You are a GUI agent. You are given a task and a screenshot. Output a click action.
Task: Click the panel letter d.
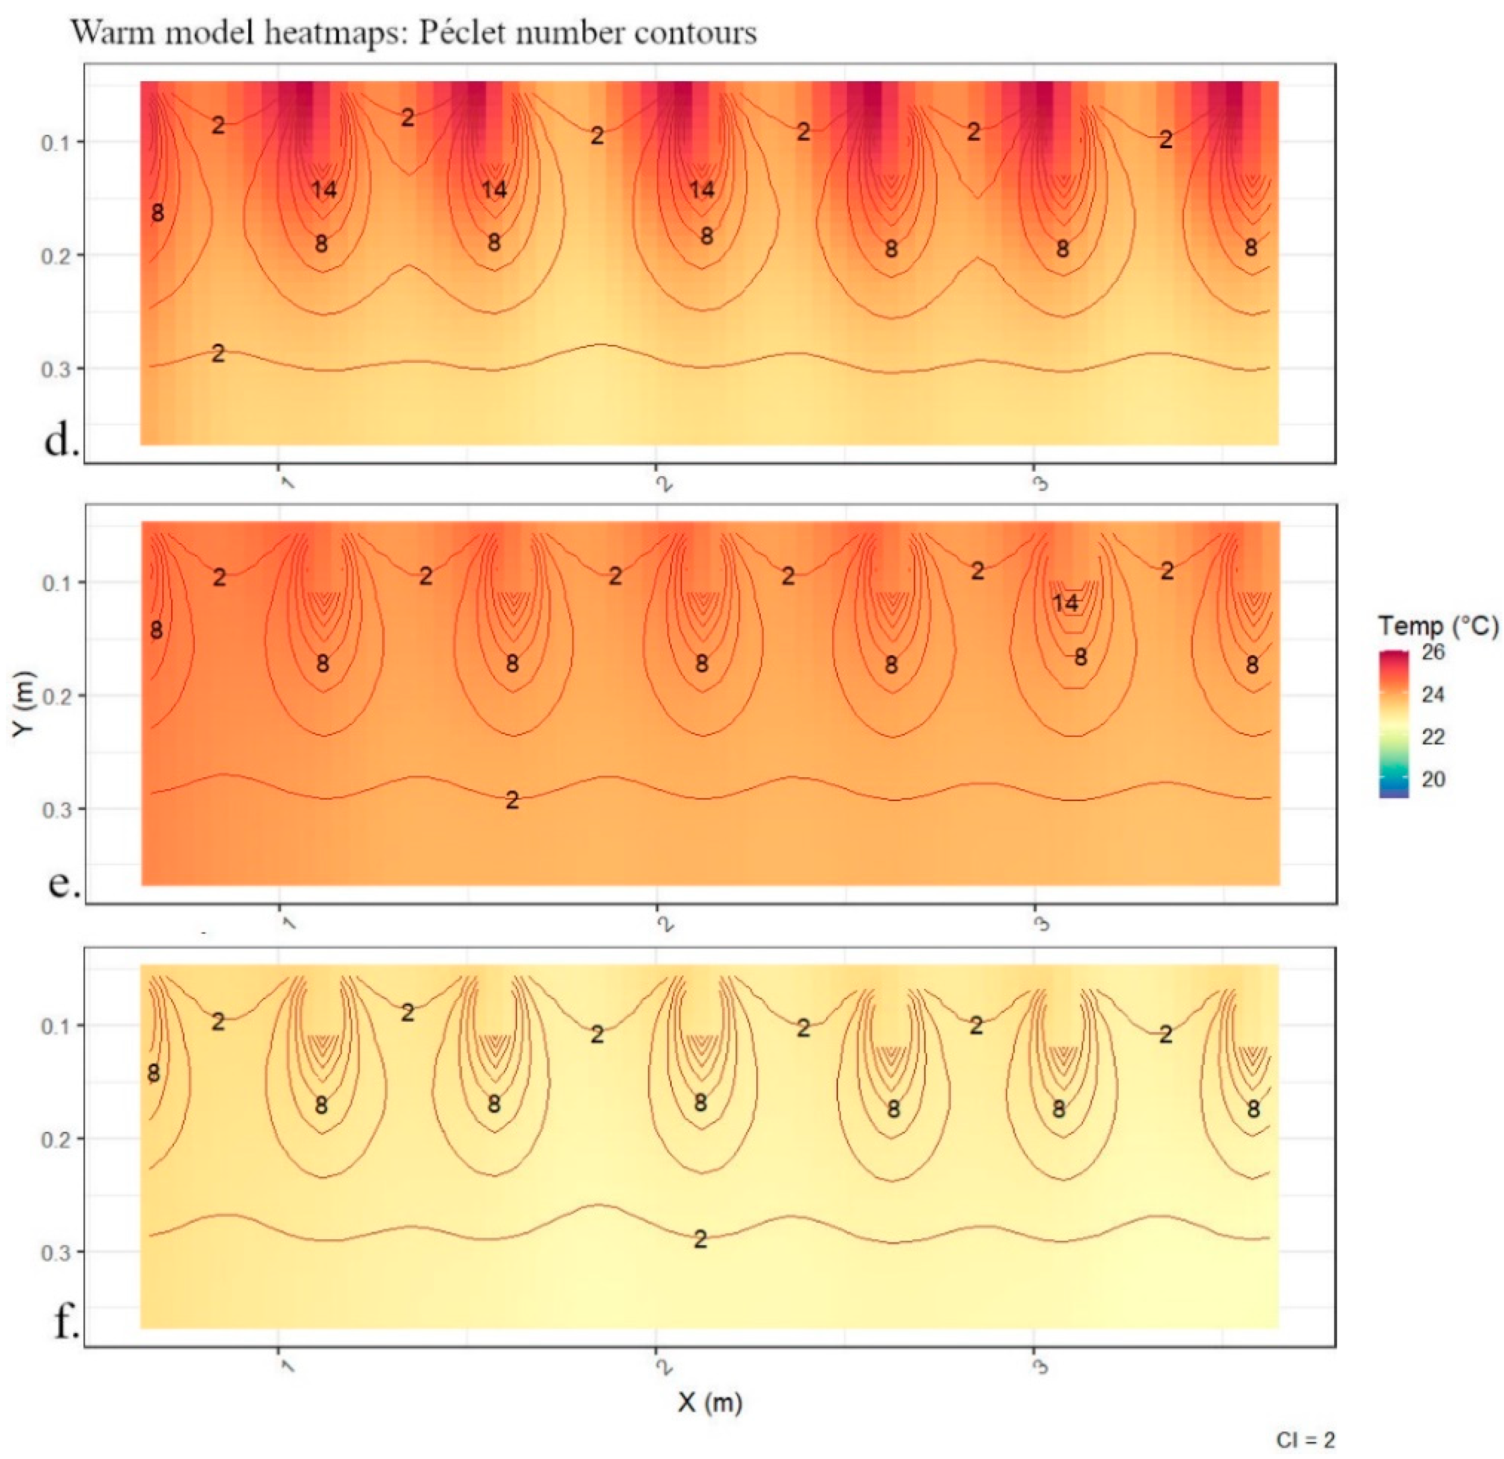coord(61,440)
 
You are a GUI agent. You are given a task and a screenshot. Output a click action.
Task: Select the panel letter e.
coord(64,881)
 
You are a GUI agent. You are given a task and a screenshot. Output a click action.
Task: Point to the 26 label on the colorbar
coord(1433,653)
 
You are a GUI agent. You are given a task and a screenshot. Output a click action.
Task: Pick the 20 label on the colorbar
coord(1433,779)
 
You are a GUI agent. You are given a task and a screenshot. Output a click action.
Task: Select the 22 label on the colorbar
coord(1433,737)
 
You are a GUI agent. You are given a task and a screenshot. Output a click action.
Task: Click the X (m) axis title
coord(710,1402)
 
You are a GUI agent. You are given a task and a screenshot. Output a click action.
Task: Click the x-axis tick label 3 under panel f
coord(1041,1365)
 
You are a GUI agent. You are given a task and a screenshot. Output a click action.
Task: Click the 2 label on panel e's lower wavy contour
coord(512,800)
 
